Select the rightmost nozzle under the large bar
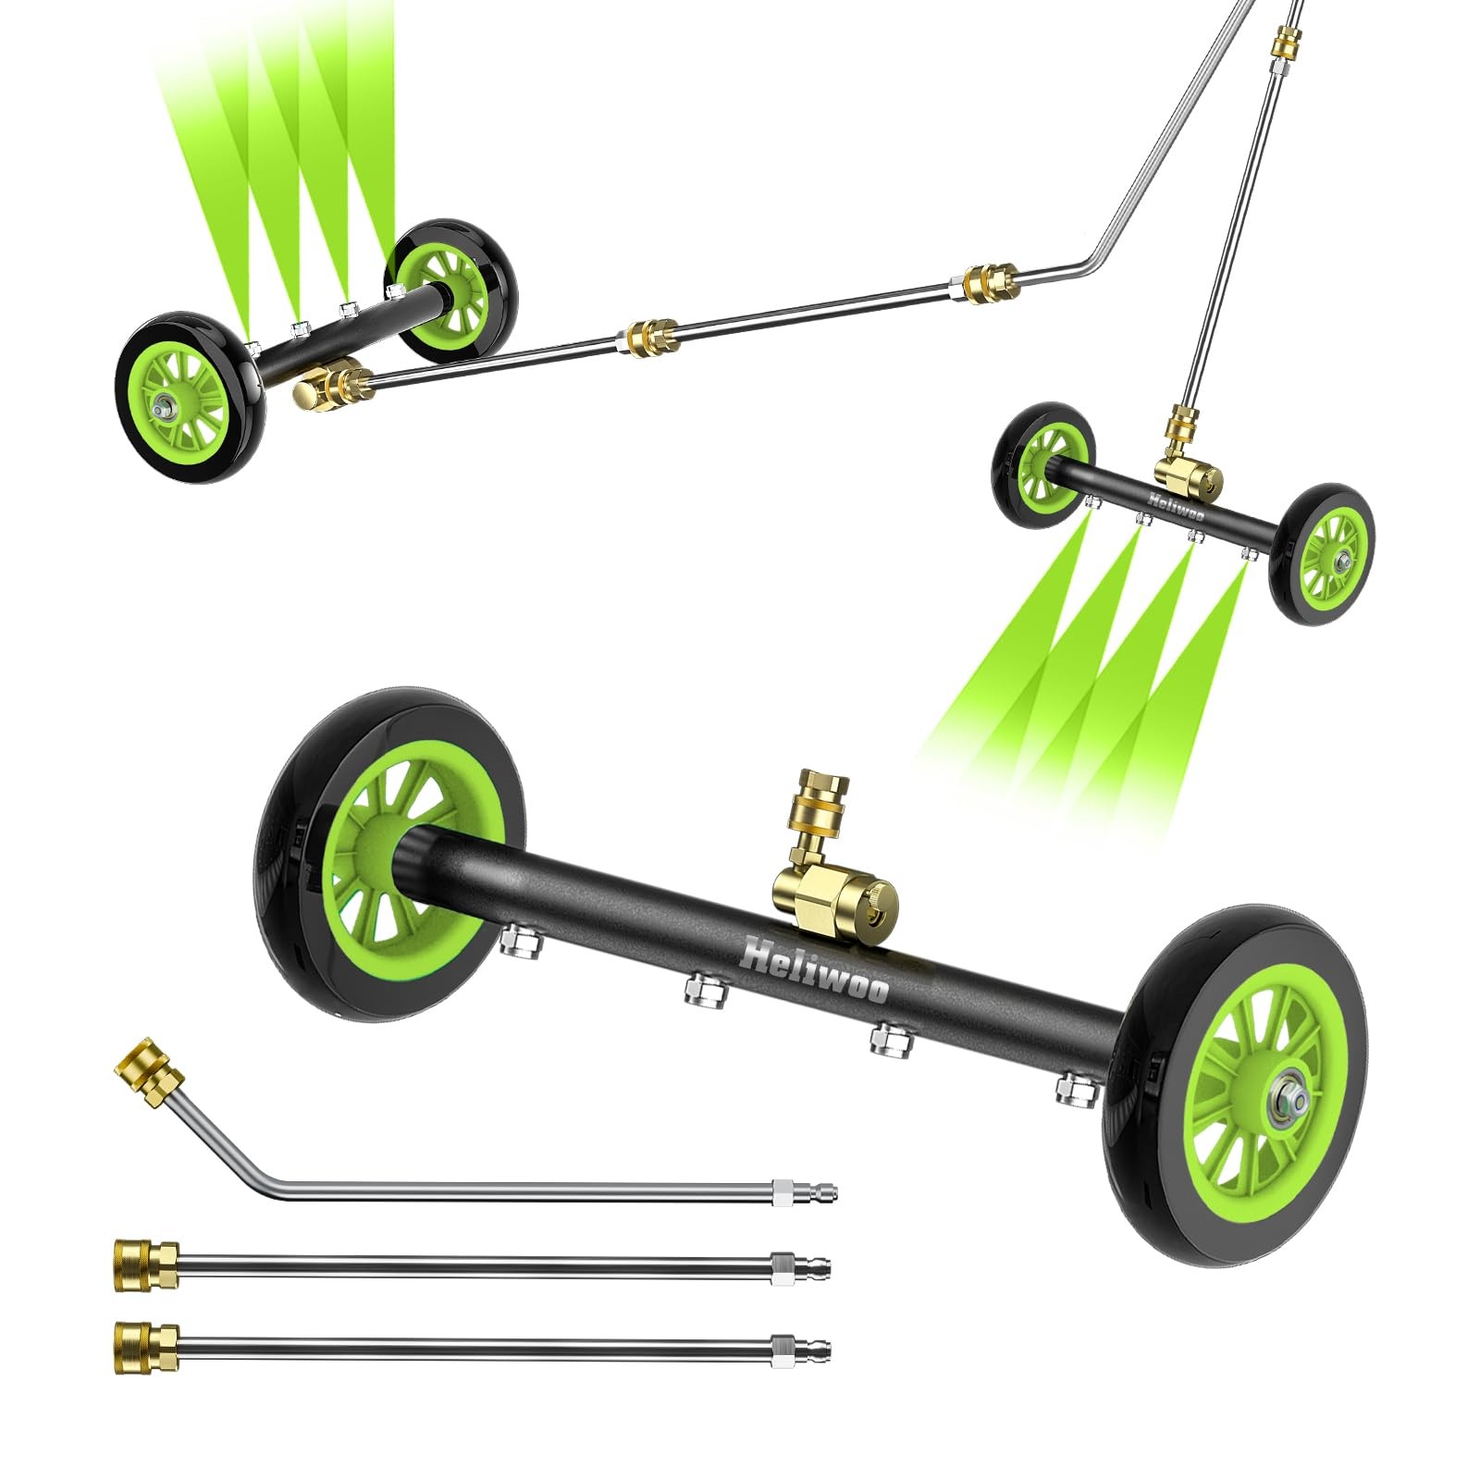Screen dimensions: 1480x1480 pyautogui.click(x=1076, y=1090)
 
